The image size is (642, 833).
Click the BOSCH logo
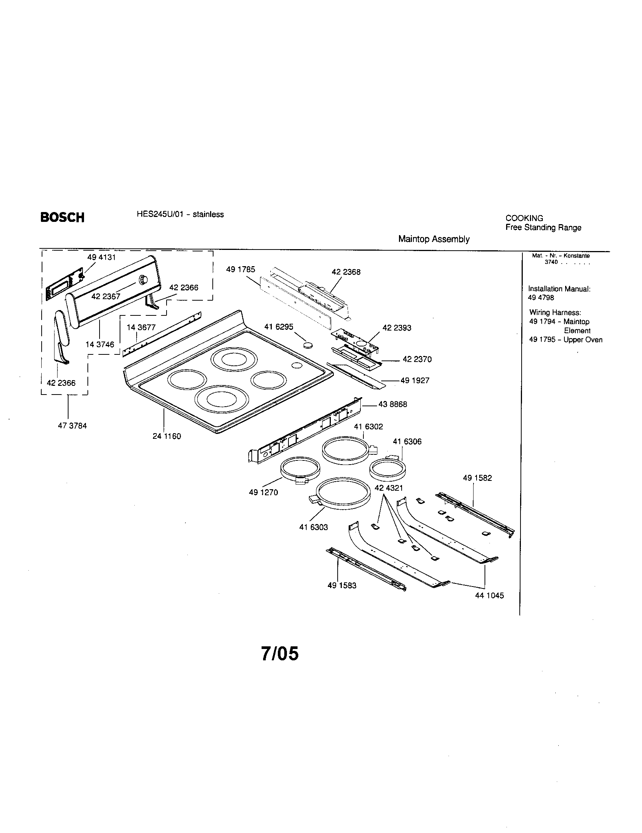pyautogui.click(x=62, y=217)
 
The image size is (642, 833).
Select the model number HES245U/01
pyautogui.click(x=160, y=214)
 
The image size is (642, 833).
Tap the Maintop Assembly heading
pyautogui.click(x=433, y=239)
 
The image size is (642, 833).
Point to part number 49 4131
pyautogui.click(x=101, y=257)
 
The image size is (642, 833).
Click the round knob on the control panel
pyautogui.click(x=143, y=279)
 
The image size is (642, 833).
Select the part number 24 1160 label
pyautogui.click(x=167, y=436)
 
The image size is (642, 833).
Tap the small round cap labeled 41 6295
pyautogui.click(x=307, y=346)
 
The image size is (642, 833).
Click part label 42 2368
pyautogui.click(x=346, y=272)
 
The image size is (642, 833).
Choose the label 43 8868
pyautogui.click(x=393, y=404)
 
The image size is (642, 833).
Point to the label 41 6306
pyautogui.click(x=407, y=441)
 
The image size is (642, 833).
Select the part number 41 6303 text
pyautogui.click(x=313, y=527)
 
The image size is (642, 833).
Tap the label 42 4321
pyautogui.click(x=388, y=488)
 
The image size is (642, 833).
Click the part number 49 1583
pyautogui.click(x=341, y=585)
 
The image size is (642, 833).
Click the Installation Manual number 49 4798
pyautogui.click(x=541, y=298)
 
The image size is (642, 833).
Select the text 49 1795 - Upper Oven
pyautogui.click(x=566, y=340)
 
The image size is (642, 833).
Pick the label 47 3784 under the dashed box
pyautogui.click(x=72, y=426)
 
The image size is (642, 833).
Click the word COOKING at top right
pyautogui.click(x=524, y=218)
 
